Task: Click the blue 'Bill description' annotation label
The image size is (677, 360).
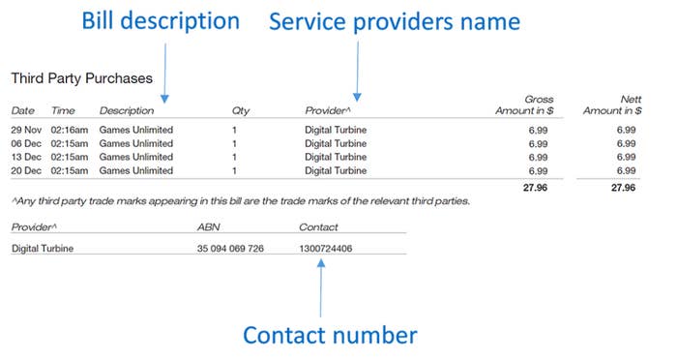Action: (x=160, y=21)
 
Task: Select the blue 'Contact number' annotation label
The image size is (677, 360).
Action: (x=330, y=335)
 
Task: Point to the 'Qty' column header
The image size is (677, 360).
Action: (x=241, y=110)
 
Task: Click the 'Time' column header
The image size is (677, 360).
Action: (x=63, y=110)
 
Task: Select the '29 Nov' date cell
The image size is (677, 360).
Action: (x=27, y=130)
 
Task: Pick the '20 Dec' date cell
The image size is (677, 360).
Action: (x=27, y=170)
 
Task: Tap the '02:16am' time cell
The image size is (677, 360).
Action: (x=70, y=130)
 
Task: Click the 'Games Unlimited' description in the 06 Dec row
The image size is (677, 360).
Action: (x=136, y=143)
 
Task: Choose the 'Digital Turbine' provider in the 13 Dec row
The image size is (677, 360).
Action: (x=336, y=157)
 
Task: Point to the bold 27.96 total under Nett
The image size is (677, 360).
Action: (x=622, y=188)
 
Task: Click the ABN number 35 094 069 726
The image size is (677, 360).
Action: (x=230, y=249)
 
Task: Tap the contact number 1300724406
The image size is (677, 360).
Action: (x=326, y=249)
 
